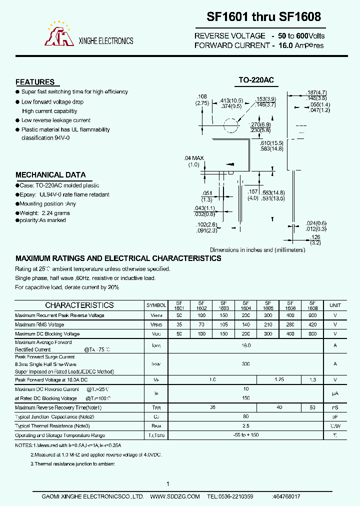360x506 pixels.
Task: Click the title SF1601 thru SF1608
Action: (x=264, y=17)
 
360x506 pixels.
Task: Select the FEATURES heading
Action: (x=35, y=82)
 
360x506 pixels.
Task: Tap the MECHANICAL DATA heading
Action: (x=50, y=175)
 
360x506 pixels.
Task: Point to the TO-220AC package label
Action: (x=255, y=80)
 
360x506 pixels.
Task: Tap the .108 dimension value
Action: (x=202, y=96)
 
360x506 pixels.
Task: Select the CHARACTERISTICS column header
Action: (x=79, y=305)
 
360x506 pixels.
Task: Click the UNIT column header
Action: (x=335, y=305)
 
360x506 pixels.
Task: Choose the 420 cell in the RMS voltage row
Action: (x=312, y=324)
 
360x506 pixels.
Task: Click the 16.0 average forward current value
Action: (x=245, y=345)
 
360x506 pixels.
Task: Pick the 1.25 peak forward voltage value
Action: (x=279, y=380)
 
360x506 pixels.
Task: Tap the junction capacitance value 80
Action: (x=245, y=416)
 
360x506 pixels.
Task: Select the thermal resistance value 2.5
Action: (x=245, y=425)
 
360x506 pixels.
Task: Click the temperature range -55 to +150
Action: (x=245, y=435)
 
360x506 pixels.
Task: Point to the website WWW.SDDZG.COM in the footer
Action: (x=175, y=496)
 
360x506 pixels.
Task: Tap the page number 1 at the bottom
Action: (x=168, y=483)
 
